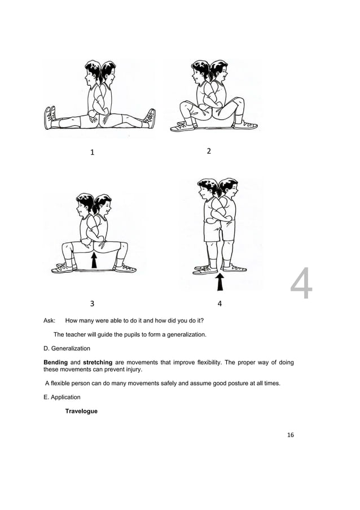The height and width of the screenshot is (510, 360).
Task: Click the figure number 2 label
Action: click(209, 151)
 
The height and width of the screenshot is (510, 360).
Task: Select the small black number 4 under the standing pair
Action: click(219, 303)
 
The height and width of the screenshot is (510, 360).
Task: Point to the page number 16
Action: click(291, 435)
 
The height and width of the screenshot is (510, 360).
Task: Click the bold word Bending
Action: click(56, 362)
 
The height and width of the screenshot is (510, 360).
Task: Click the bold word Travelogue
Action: click(81, 411)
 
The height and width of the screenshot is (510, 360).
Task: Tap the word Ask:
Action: click(50, 320)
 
